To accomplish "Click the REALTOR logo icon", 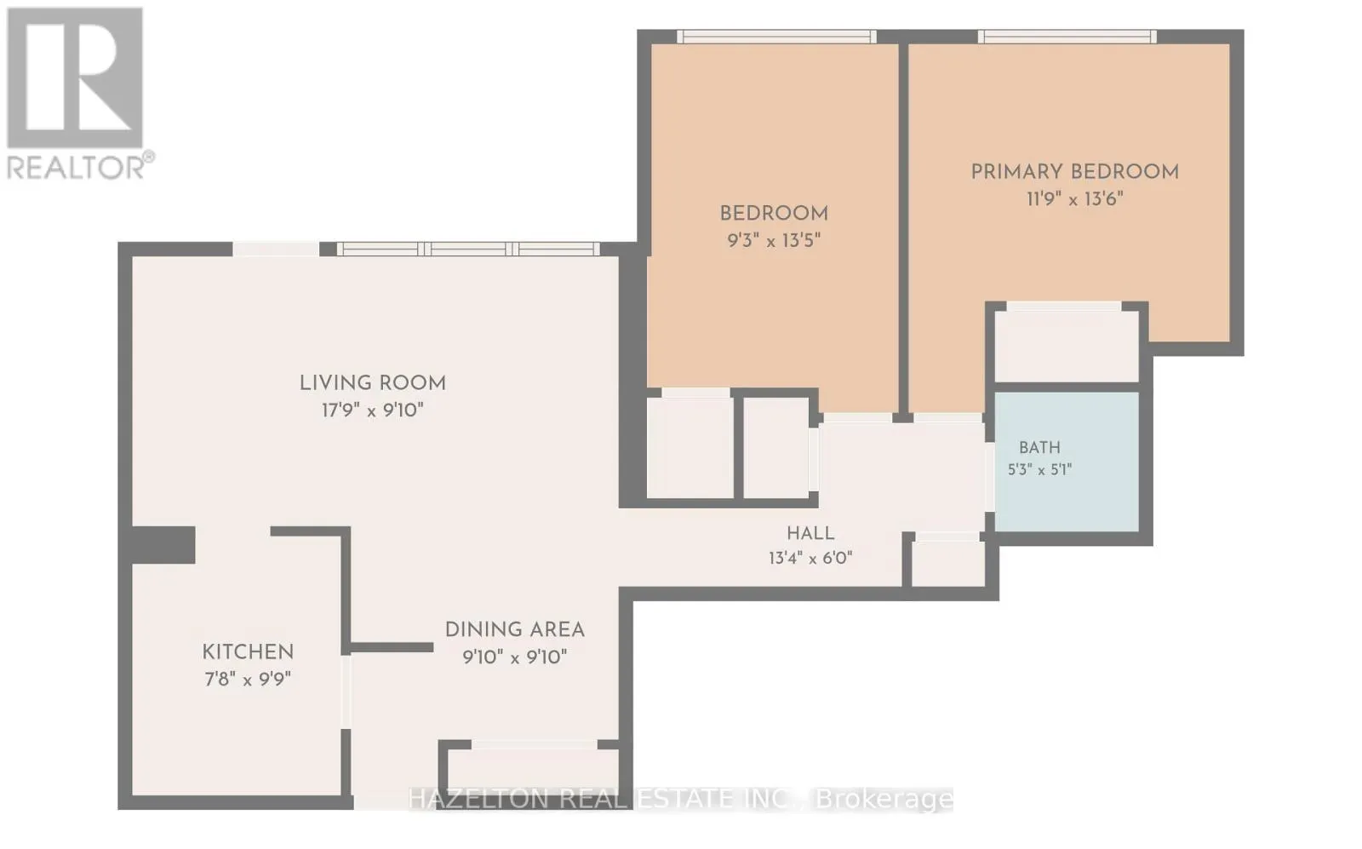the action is point(75,77).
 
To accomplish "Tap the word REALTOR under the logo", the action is point(76,167).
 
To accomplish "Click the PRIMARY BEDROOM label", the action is point(1074,172).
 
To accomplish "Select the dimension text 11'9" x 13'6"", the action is point(1074,199).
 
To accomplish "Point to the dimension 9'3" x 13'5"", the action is point(774,241).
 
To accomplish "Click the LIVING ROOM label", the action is point(373,383).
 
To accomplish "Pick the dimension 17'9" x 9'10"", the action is point(372,410).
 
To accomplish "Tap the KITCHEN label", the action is point(248,652).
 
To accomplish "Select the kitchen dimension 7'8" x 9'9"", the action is point(248,679).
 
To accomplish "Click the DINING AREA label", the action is point(515,630).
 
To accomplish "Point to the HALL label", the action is point(810,534).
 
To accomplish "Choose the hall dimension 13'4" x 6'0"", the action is point(810,559).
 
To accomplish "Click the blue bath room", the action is point(1067,462).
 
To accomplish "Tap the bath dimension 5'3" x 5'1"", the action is point(1039,470).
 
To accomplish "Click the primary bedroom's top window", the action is point(1067,37).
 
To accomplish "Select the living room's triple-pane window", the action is point(468,249).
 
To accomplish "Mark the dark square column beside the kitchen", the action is point(163,545).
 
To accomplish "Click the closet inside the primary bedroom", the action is point(1067,346).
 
